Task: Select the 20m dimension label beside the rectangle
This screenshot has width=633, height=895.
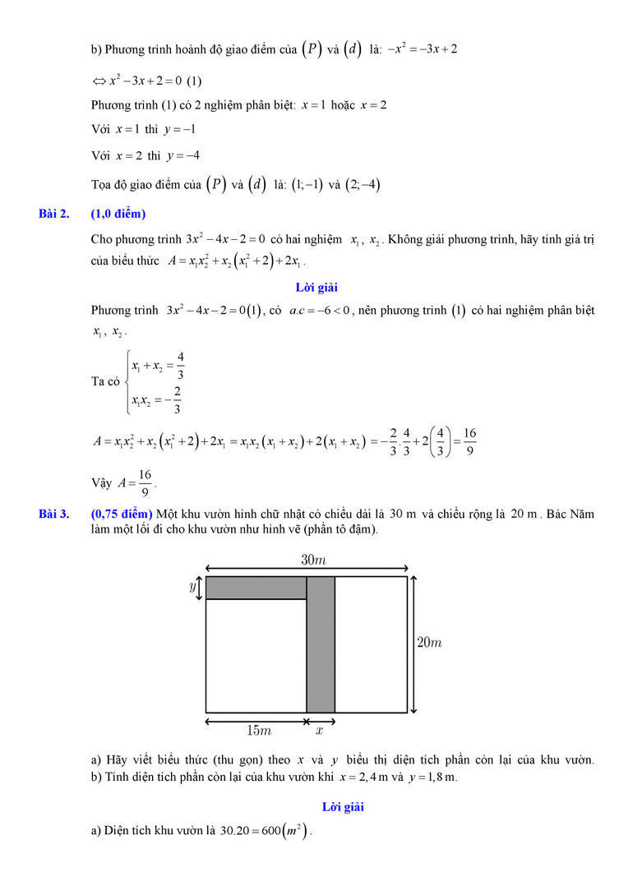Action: pyautogui.click(x=429, y=643)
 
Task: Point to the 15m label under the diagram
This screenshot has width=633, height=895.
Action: pyautogui.click(x=259, y=730)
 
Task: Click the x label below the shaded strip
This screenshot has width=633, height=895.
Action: pyautogui.click(x=320, y=730)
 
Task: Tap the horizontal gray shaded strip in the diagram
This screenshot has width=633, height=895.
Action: pyautogui.click(x=256, y=588)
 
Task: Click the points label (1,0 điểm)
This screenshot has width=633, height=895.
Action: pyautogui.click(x=118, y=215)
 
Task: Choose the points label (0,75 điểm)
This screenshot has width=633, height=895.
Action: pyautogui.click(x=122, y=514)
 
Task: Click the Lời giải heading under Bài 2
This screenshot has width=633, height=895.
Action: pyautogui.click(x=316, y=288)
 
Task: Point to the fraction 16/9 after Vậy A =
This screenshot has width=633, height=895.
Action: pyautogui.click(x=146, y=483)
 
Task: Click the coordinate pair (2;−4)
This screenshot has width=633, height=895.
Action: pyautogui.click(x=363, y=185)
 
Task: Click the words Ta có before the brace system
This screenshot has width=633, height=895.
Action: pyautogui.click(x=106, y=382)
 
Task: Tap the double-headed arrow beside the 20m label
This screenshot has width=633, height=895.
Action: pyautogui.click(x=414, y=644)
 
